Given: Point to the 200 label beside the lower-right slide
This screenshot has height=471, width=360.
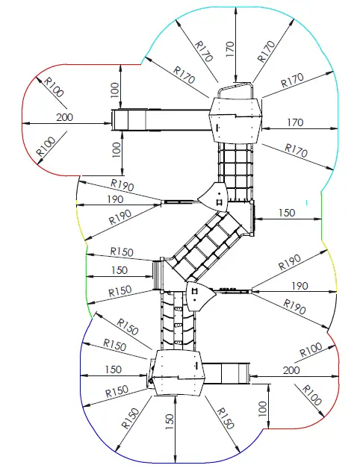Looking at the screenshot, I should coord(292,371).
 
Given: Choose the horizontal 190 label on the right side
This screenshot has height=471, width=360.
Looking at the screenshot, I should coord(299,285).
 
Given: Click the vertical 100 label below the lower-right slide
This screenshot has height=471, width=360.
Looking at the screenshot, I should coord(262,408).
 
